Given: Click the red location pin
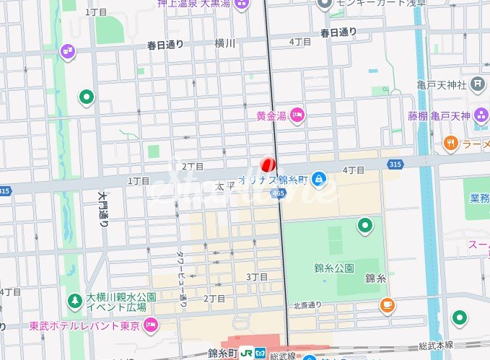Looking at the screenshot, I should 268,164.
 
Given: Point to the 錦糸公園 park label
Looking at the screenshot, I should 334,268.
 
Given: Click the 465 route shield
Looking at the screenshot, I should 279,193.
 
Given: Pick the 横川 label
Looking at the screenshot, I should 225,43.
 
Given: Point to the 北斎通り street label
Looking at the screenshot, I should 307,305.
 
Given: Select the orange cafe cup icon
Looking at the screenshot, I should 388,305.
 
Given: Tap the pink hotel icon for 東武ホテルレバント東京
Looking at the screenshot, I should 151,325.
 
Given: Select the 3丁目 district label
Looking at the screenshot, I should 258,277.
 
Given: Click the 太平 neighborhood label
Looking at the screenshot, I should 222,186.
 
